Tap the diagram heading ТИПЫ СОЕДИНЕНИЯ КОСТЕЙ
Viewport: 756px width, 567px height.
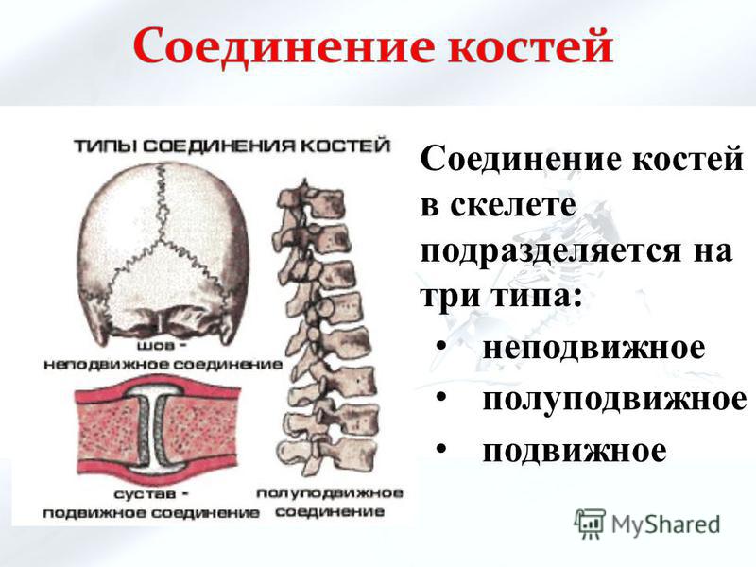click(x=232, y=146)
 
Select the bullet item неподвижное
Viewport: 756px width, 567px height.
click(x=593, y=348)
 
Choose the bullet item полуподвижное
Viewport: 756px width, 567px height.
click(x=615, y=400)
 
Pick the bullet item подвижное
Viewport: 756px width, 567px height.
click(x=575, y=451)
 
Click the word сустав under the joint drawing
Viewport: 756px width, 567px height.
click(x=146, y=494)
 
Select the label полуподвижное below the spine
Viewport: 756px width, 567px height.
click(x=330, y=493)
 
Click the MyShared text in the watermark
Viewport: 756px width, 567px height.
click(x=666, y=524)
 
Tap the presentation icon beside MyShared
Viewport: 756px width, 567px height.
click(x=589, y=524)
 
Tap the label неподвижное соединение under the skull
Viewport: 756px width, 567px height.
click(x=163, y=364)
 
